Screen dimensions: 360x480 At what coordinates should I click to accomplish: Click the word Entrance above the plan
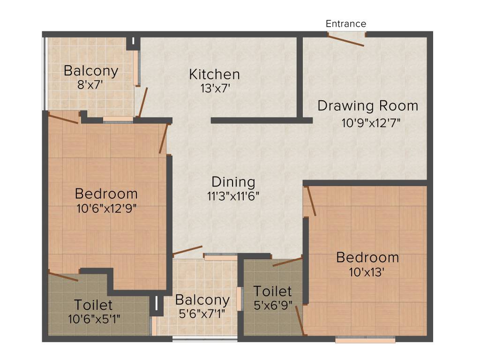tap(346, 23)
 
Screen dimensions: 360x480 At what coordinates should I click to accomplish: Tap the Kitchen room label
tap(214, 74)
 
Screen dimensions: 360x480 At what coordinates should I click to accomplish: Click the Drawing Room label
tap(368, 105)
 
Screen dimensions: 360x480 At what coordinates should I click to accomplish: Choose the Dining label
tap(233, 182)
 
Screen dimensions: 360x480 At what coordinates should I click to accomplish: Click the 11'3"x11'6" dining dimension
tap(233, 195)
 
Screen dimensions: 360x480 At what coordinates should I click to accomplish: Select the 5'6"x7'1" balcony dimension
tap(202, 314)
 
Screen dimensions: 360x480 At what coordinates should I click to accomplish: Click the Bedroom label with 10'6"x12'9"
tap(106, 194)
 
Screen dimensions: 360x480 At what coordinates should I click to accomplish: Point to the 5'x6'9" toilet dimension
tap(272, 305)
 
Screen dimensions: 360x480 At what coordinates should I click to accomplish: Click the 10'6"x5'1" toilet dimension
tap(94, 319)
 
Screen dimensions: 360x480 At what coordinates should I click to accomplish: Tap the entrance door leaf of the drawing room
tap(347, 41)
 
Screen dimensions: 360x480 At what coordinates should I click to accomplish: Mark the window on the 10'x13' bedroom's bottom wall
tap(365, 339)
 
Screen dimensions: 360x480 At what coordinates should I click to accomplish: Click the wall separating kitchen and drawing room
tap(299, 75)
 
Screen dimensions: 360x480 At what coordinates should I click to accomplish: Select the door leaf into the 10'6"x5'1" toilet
tap(63, 276)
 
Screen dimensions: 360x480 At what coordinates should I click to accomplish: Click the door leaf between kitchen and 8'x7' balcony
tap(142, 102)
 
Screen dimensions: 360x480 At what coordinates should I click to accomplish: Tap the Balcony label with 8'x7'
tap(91, 71)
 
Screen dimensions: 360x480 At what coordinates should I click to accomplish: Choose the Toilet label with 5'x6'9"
tap(272, 292)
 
